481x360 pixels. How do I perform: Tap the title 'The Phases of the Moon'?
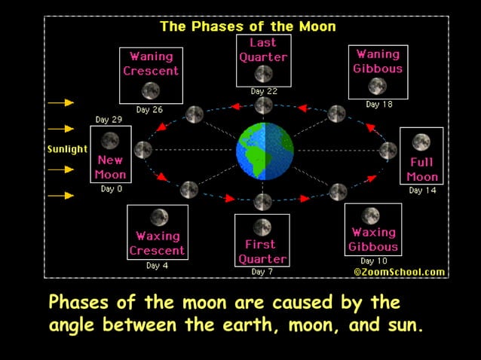point(248,26)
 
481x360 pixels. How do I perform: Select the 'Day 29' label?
point(108,120)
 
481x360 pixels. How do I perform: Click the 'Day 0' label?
point(112,189)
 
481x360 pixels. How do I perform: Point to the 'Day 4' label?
point(158,265)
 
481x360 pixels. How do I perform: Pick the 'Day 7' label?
point(262,271)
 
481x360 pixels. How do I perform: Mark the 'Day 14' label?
point(421,190)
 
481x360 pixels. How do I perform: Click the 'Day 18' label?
point(378,105)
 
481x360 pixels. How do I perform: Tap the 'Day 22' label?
point(263,91)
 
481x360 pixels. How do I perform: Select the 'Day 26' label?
point(149,110)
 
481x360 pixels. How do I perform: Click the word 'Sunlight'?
point(67,149)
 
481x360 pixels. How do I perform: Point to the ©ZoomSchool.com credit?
point(400,272)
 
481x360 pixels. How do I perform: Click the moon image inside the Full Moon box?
point(421,142)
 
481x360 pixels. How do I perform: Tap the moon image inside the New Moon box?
point(110,141)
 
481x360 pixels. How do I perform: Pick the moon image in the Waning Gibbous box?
point(378,86)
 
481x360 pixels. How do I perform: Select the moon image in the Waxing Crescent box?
point(158,218)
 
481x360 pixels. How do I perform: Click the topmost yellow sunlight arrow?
point(61,102)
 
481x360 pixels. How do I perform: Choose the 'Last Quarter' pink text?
point(263,50)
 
